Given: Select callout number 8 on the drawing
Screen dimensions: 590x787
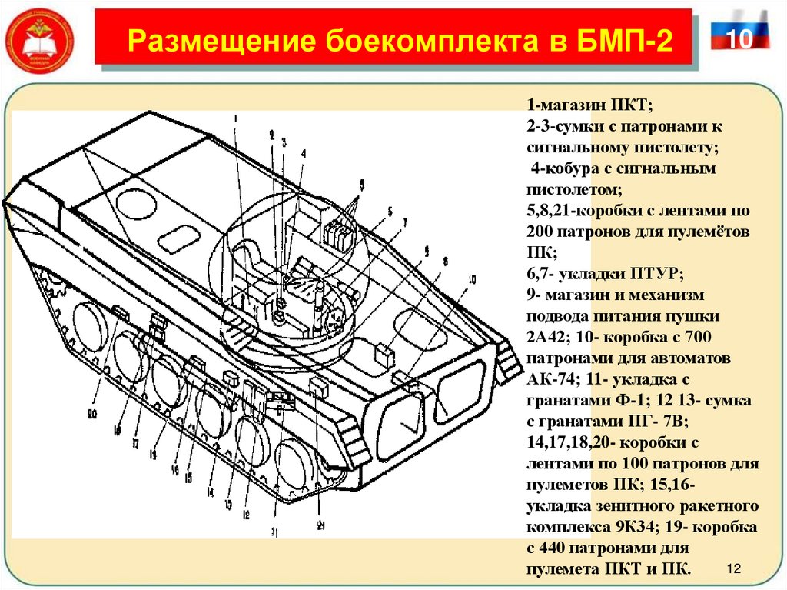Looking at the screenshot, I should pyautogui.click(x=445, y=261).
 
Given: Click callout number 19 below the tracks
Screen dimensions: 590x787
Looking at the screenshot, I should pyautogui.click(x=153, y=455).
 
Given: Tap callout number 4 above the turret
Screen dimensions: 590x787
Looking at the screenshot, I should pyautogui.click(x=303, y=153).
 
